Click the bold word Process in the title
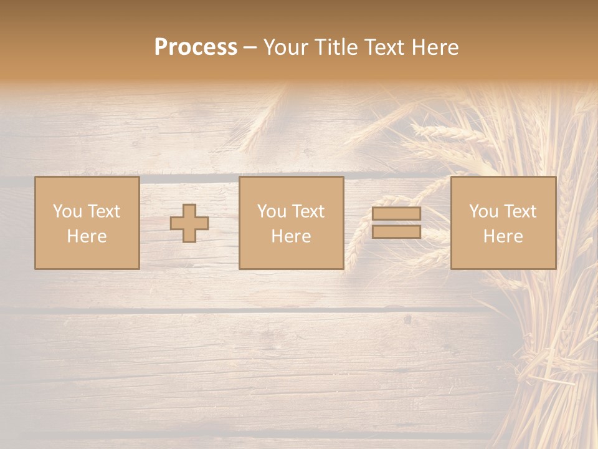tap(196, 47)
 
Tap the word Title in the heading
tap(337, 47)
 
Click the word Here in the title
tap(436, 47)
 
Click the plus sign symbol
tap(189, 223)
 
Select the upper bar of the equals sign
tap(396, 214)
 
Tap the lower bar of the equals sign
tap(396, 232)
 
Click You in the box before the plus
tap(67, 211)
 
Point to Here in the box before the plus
tap(87, 236)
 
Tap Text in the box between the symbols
tap(308, 211)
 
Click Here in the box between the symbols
tap(291, 236)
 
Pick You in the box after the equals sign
tap(483, 211)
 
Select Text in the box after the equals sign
tap(520, 211)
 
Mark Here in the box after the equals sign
tap(503, 236)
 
